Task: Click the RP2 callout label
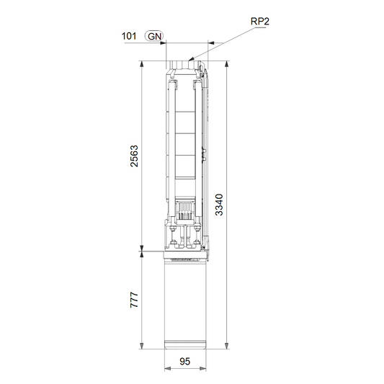point(260,22)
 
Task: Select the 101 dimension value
point(129,36)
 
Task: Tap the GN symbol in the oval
point(154,37)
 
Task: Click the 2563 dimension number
point(134,156)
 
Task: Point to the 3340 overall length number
point(219,205)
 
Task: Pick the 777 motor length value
point(134,300)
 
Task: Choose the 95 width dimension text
point(185,361)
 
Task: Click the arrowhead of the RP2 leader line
point(191,59)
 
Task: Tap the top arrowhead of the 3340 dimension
point(227,64)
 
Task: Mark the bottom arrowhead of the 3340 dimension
point(227,346)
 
